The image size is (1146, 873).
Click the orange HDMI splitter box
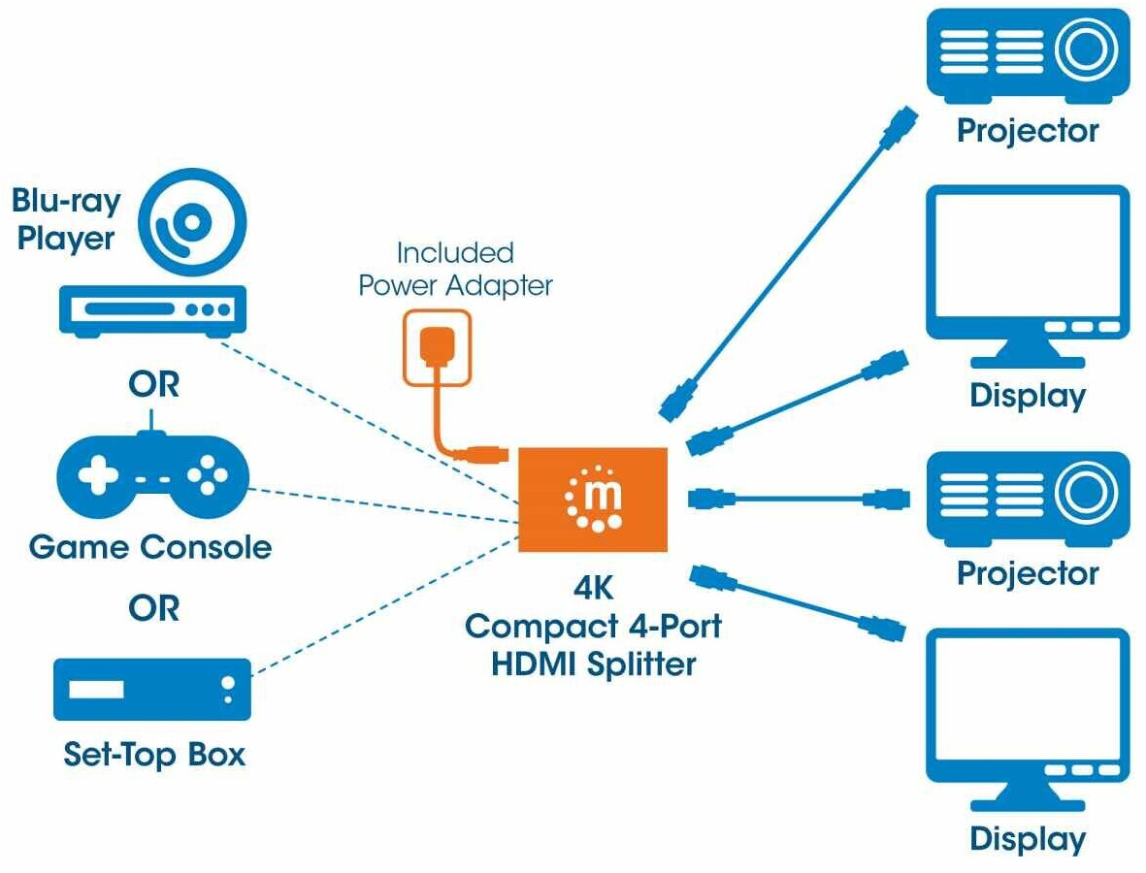point(593,500)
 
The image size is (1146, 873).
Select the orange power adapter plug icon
point(438,347)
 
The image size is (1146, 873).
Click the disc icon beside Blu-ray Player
point(192,222)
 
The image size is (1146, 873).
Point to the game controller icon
point(152,476)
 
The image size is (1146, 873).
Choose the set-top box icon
point(152,690)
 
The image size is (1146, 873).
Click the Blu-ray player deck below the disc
point(152,310)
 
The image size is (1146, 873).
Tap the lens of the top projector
point(1087,50)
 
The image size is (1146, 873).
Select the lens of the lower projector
point(1087,493)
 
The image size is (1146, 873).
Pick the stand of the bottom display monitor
point(1028,795)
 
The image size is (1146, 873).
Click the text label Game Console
point(150,547)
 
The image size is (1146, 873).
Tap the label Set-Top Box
point(154,754)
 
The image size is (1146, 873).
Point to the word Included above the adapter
point(455,253)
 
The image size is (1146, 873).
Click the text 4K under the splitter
point(594,588)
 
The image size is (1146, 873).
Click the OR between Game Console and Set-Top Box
point(153,608)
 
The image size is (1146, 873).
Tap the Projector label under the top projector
point(1028,132)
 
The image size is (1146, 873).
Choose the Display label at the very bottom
point(1028,839)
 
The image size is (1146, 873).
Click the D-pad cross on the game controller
point(98,476)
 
